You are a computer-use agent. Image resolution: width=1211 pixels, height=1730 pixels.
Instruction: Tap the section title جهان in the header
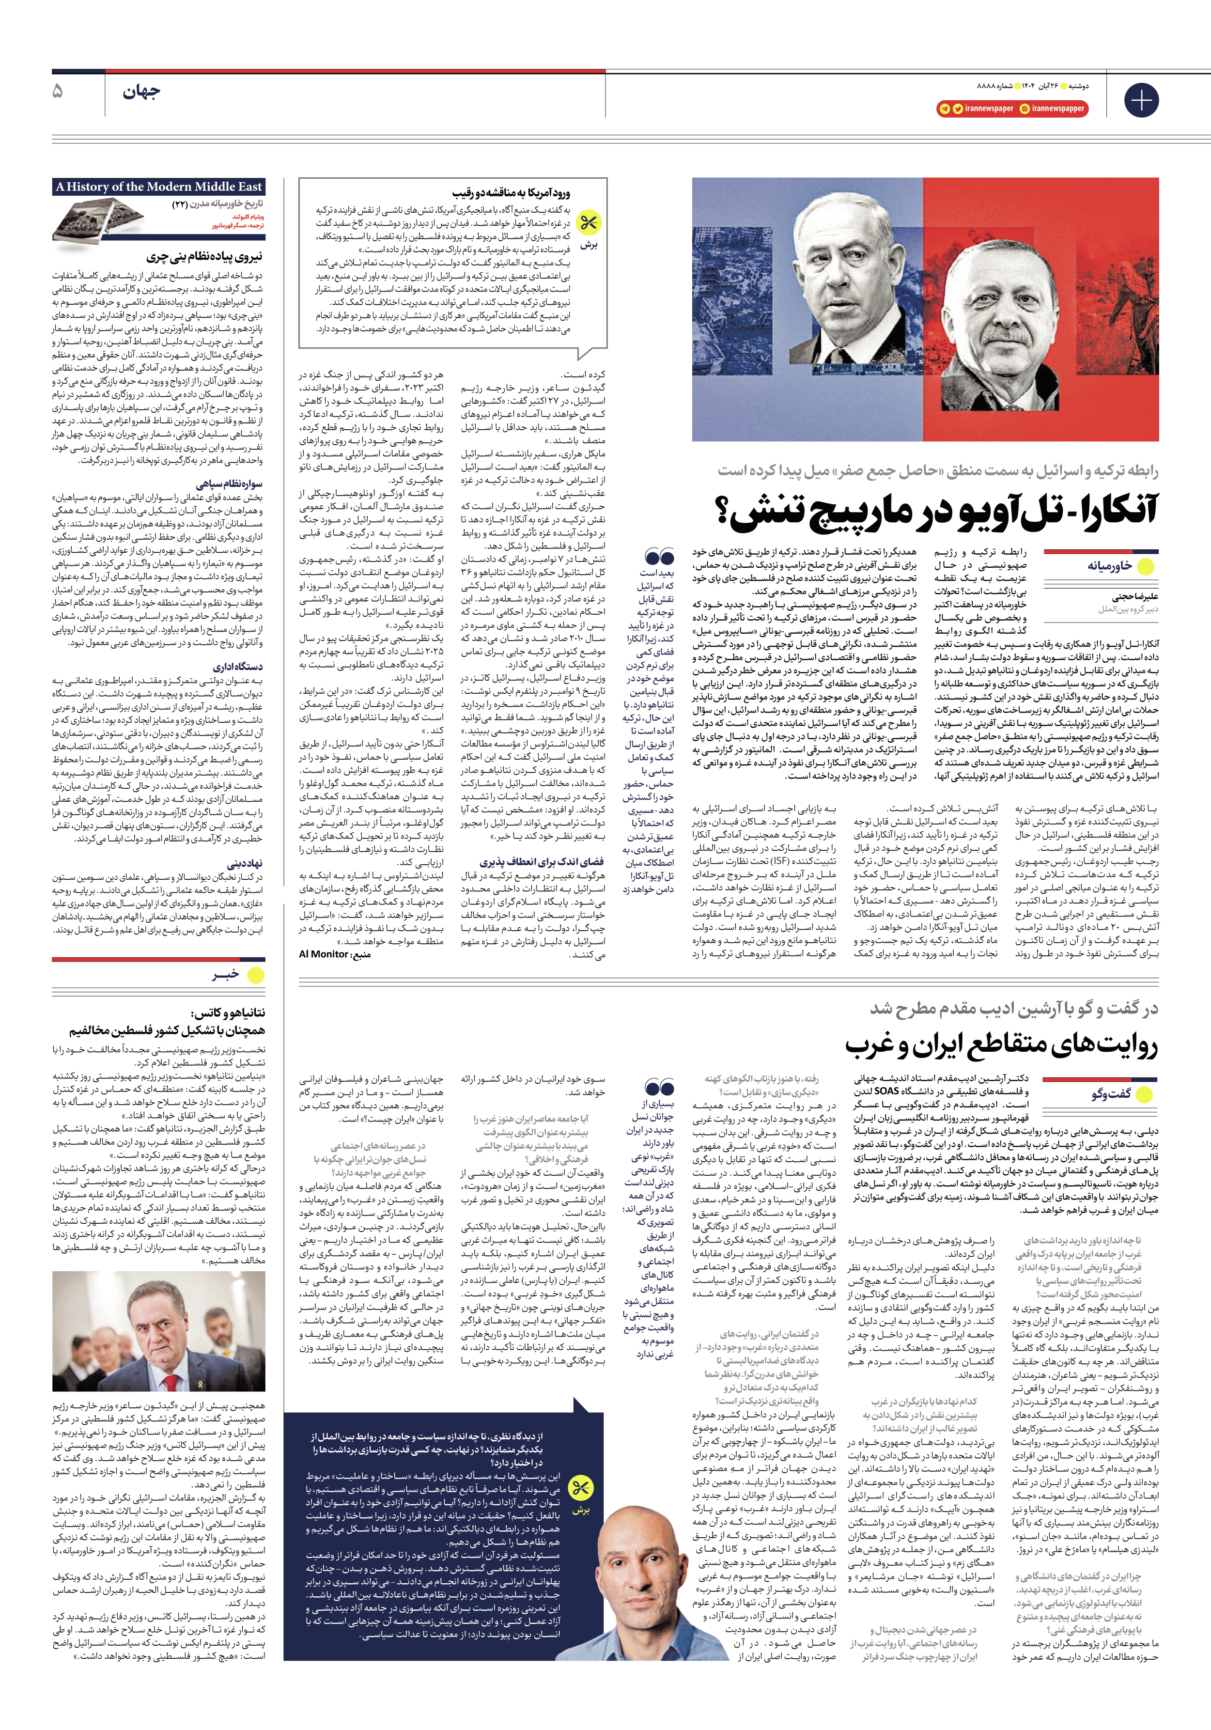141,93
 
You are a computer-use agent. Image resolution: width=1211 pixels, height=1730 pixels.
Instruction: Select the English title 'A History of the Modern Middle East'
158,187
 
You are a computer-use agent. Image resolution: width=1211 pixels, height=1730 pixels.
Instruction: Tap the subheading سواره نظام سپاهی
229,484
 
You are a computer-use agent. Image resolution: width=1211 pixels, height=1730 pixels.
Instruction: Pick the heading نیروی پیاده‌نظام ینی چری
204,257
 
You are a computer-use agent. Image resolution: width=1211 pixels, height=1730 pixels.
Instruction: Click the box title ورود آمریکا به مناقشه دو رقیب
511,193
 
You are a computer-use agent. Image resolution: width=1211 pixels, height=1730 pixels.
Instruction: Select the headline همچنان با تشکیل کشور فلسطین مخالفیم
167,1030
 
